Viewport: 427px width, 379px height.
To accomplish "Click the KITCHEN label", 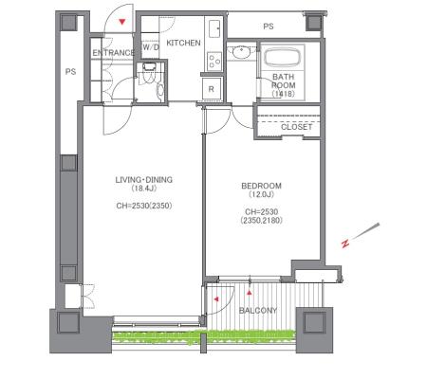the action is pyautogui.click(x=183, y=43).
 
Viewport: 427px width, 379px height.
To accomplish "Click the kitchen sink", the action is pyautogui.click(x=215, y=28).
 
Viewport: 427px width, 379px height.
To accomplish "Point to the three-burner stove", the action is pyautogui.click(x=214, y=61).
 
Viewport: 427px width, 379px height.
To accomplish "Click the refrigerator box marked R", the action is pyautogui.click(x=212, y=89).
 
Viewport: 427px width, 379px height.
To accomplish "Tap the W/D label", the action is pyautogui.click(x=151, y=47).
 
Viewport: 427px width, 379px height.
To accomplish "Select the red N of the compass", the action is pyautogui.click(x=345, y=244).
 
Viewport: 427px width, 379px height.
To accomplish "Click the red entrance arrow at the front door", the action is pyautogui.click(x=122, y=22).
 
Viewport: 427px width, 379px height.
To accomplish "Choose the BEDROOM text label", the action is pyautogui.click(x=261, y=186).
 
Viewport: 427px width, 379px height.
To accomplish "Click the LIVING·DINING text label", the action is pyautogui.click(x=144, y=180).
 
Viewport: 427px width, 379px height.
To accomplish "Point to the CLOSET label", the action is pyautogui.click(x=297, y=127).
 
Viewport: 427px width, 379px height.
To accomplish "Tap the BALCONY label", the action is pyautogui.click(x=258, y=311).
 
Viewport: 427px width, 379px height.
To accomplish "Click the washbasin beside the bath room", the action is pyautogui.click(x=242, y=52).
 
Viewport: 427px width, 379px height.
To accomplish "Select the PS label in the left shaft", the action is pyautogui.click(x=70, y=72).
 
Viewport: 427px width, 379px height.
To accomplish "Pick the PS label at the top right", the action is pyautogui.click(x=269, y=27).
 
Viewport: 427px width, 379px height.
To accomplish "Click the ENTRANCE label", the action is pyautogui.click(x=114, y=53).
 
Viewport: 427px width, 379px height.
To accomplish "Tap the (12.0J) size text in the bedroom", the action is pyautogui.click(x=261, y=194).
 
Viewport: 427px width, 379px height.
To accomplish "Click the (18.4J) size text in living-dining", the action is pyautogui.click(x=144, y=189).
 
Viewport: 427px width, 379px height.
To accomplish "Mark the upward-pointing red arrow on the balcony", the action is pyautogui.click(x=250, y=293).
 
